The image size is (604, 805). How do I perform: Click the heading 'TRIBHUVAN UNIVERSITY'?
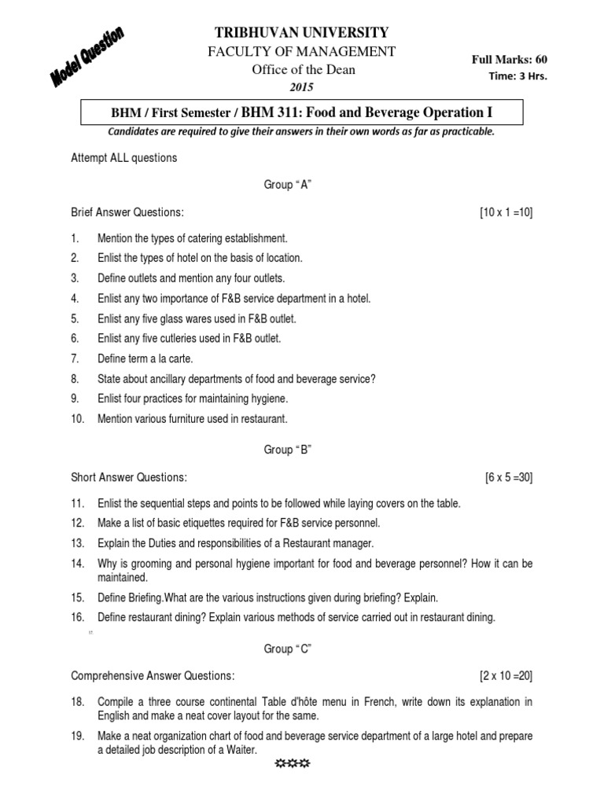click(x=301, y=32)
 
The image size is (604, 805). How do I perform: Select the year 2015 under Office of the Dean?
click(x=302, y=86)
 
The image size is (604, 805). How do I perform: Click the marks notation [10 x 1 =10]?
click(x=506, y=213)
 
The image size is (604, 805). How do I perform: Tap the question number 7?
click(x=75, y=358)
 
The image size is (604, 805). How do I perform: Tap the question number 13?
click(x=77, y=543)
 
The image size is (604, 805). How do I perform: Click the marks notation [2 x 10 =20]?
click(x=506, y=676)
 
